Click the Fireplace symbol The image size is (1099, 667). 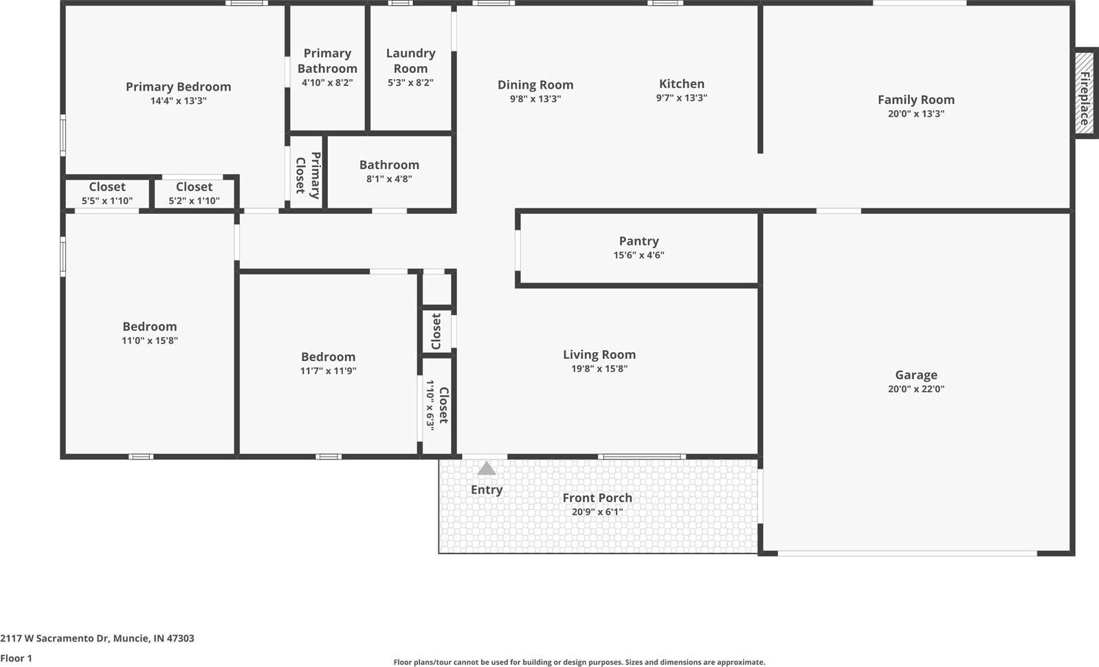pyautogui.click(x=1085, y=93)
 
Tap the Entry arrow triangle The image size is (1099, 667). pyautogui.click(x=487, y=469)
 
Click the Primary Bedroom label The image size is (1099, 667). pyautogui.click(x=178, y=87)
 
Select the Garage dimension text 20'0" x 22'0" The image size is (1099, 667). pyautogui.click(x=915, y=389)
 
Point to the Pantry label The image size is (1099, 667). pyautogui.click(x=639, y=241)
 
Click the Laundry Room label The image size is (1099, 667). pyautogui.click(x=410, y=61)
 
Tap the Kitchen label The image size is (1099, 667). pyautogui.click(x=681, y=84)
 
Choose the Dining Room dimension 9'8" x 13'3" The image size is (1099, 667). pyautogui.click(x=535, y=99)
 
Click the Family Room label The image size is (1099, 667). pyautogui.click(x=915, y=100)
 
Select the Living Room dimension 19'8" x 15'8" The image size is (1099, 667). pyautogui.click(x=599, y=369)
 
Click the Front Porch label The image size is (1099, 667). pyautogui.click(x=597, y=498)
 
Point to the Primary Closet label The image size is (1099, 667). pyautogui.click(x=307, y=175)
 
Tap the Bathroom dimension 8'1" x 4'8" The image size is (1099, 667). pyautogui.click(x=389, y=179)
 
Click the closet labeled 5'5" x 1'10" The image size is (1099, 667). pyautogui.click(x=107, y=193)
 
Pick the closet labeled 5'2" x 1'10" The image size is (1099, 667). pyautogui.click(x=194, y=193)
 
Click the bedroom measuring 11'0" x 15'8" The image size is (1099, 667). pyautogui.click(x=150, y=333)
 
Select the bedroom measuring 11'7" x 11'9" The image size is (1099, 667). pyautogui.click(x=328, y=363)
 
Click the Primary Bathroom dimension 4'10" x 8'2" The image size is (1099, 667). pyautogui.click(x=327, y=83)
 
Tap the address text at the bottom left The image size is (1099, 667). pyautogui.click(x=97, y=638)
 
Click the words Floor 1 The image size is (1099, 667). pyautogui.click(x=16, y=658)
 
